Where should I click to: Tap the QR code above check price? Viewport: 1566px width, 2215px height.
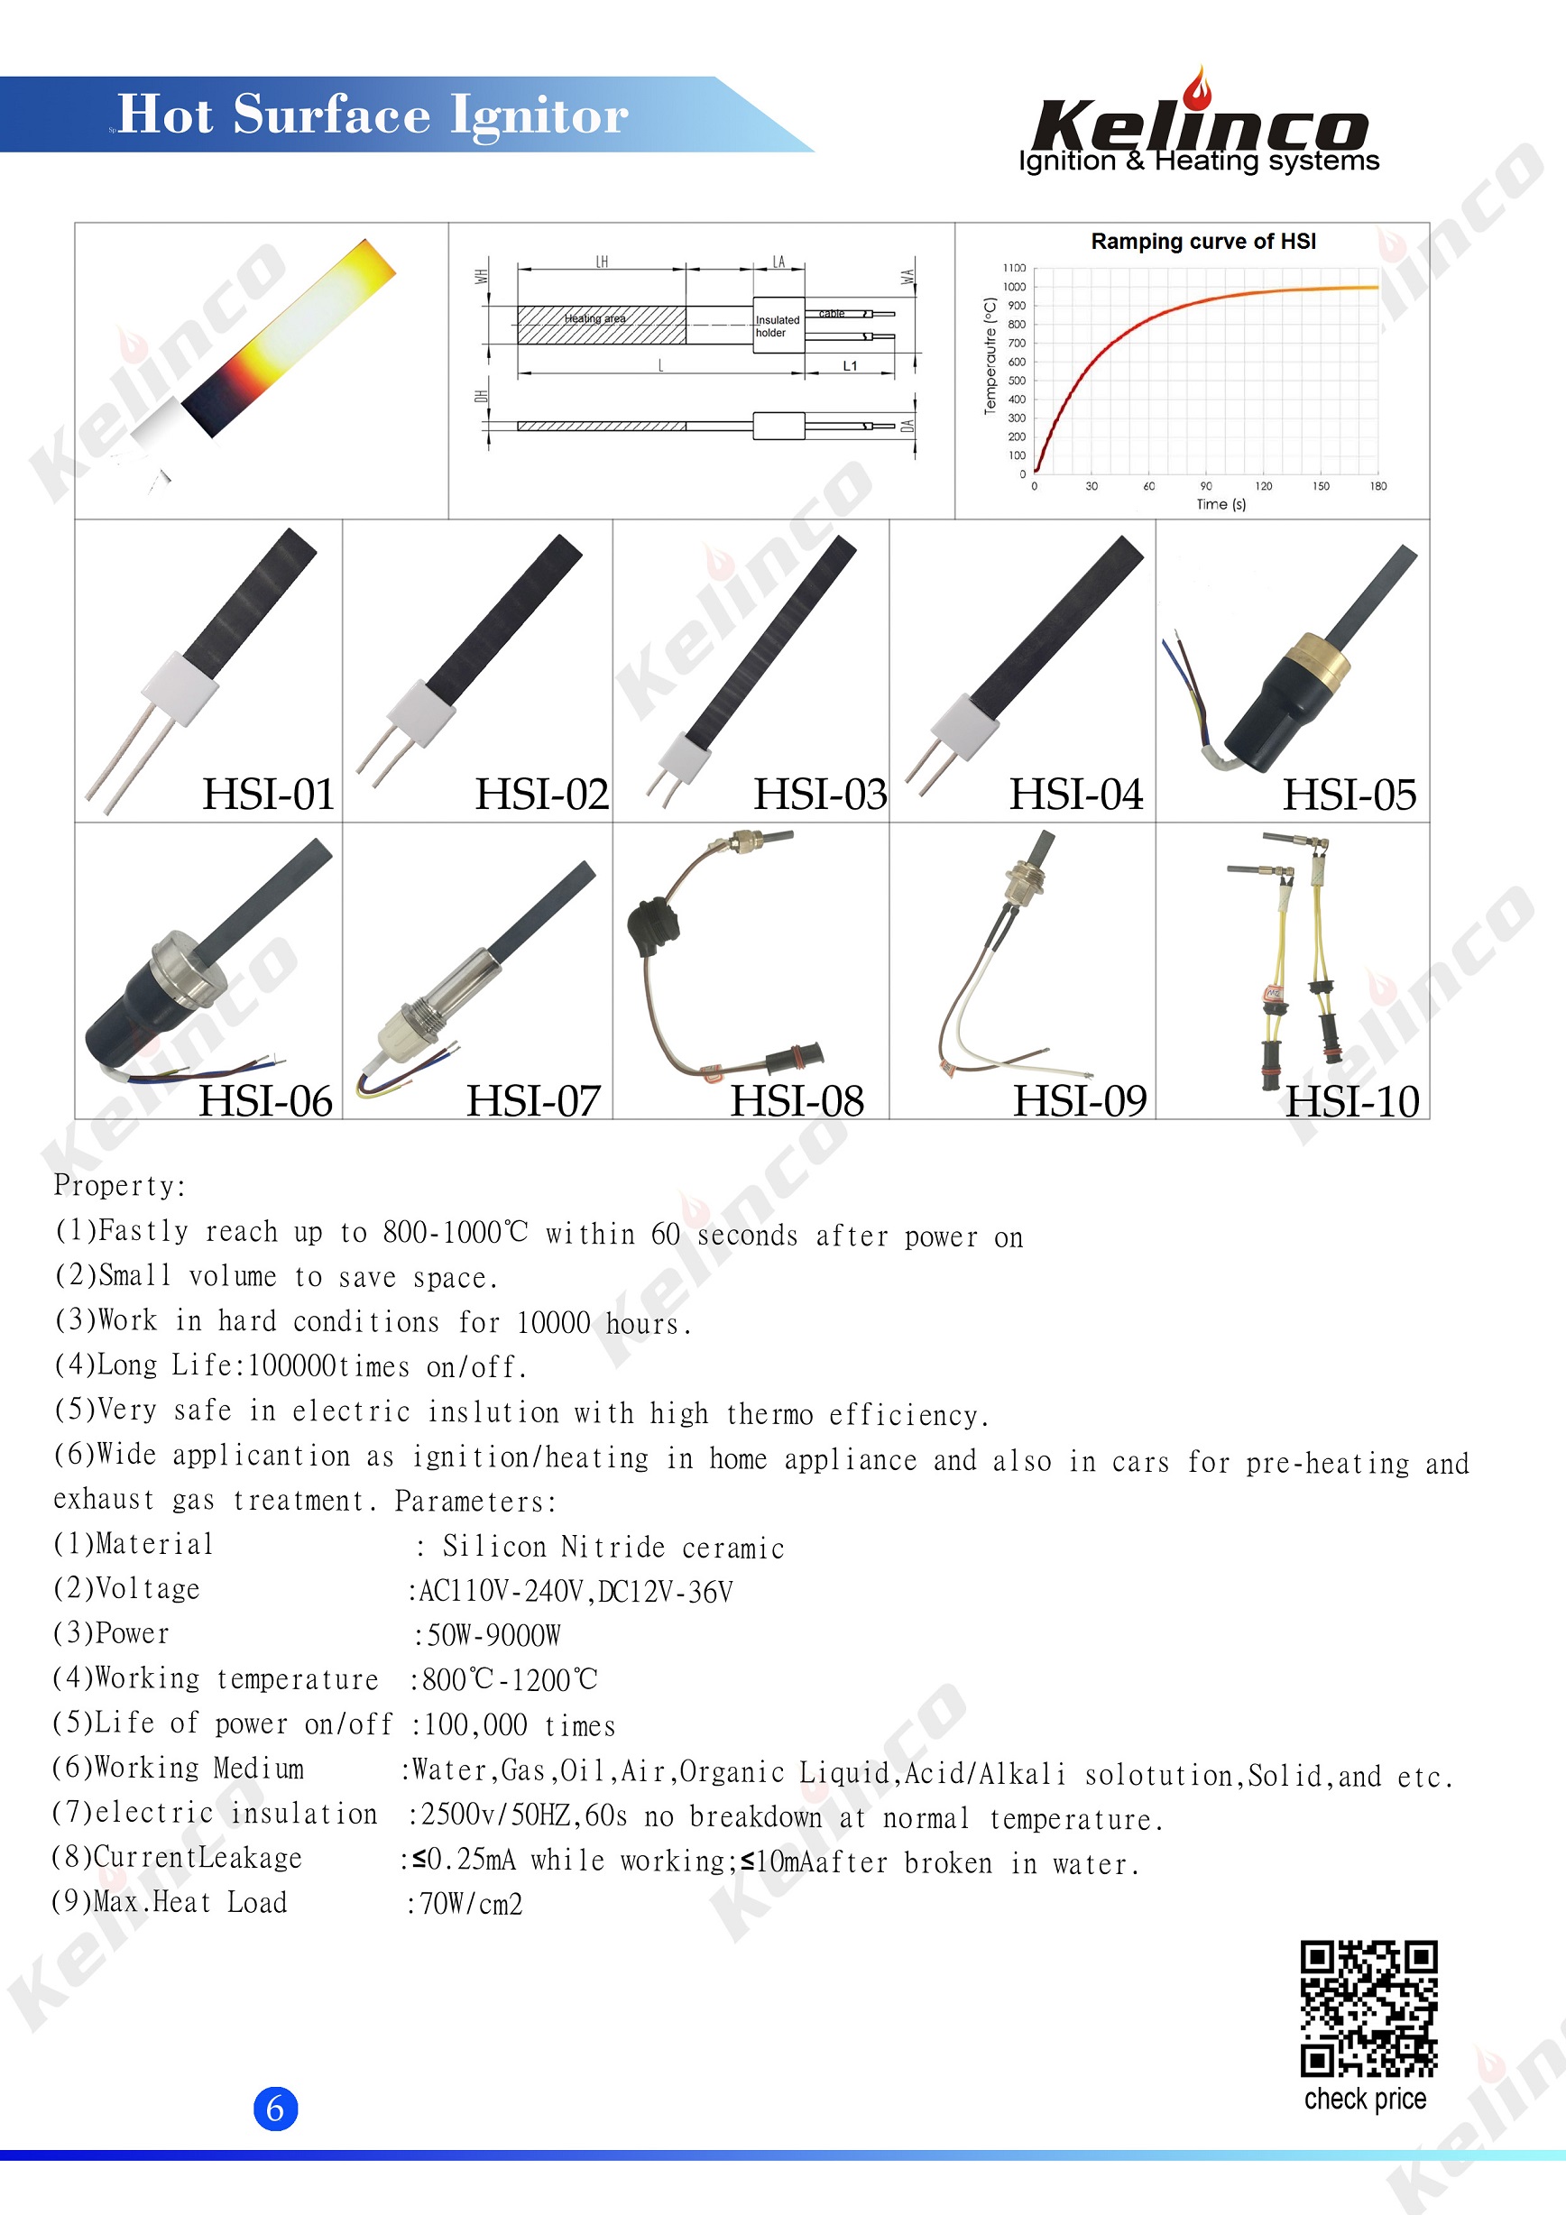coord(1368,2008)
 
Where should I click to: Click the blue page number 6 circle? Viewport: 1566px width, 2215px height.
coord(275,2108)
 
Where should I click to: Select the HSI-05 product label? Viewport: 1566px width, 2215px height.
coord(1349,795)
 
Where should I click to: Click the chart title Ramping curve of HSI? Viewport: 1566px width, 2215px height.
coord(1203,241)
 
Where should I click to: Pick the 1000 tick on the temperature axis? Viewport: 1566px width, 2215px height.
coord(1014,287)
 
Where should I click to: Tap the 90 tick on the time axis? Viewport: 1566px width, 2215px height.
coord(1206,486)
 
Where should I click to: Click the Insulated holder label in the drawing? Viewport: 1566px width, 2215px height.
coord(778,326)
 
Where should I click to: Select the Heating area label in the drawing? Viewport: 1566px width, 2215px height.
coord(594,318)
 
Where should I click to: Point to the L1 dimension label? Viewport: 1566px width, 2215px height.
coord(850,365)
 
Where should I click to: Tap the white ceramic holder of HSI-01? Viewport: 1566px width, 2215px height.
coord(180,687)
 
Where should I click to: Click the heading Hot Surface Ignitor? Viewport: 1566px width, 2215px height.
coord(373,115)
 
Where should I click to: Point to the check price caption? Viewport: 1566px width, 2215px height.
coord(1366,2100)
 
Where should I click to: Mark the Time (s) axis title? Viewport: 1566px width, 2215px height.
coord(1221,504)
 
